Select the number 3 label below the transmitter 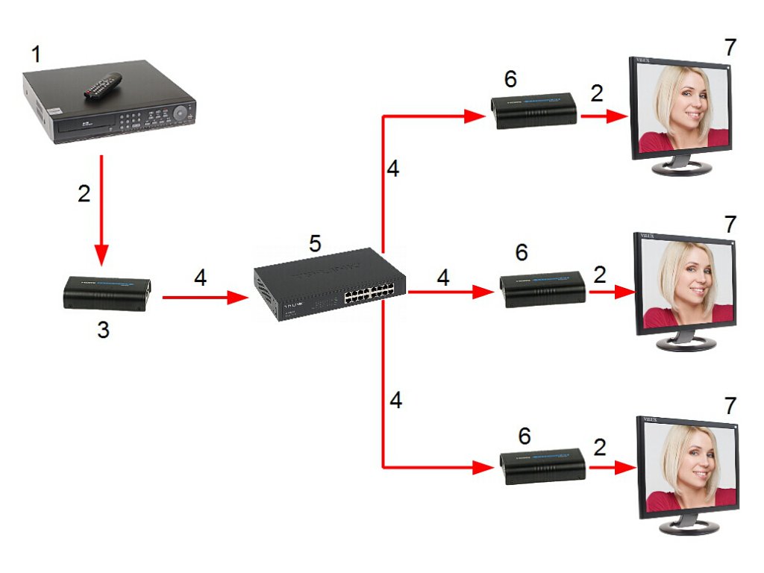coord(103,329)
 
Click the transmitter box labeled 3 coord(107,293)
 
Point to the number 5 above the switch coord(315,244)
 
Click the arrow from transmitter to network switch coord(205,298)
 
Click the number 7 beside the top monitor coord(730,47)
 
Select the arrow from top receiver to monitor coord(604,116)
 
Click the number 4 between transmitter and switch coord(200,278)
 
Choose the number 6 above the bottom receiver coord(525,436)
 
